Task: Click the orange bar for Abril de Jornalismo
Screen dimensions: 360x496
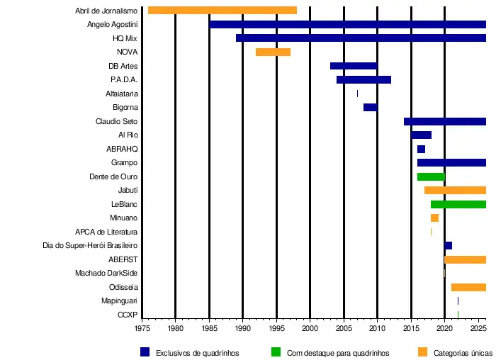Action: (x=222, y=11)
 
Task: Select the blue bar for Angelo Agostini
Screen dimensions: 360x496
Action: (x=347, y=24)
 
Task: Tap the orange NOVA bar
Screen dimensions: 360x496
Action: (x=273, y=52)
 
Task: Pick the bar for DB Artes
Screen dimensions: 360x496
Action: (x=354, y=66)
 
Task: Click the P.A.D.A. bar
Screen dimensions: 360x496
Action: (x=363, y=79)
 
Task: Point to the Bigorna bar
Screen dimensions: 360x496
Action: (x=370, y=107)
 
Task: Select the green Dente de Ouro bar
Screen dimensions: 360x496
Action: (x=431, y=176)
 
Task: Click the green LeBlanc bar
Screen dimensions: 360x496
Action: (x=458, y=204)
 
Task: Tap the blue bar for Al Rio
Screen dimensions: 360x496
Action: (x=421, y=135)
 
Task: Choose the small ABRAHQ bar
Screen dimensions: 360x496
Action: (x=421, y=149)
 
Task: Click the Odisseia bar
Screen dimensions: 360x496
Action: (x=468, y=287)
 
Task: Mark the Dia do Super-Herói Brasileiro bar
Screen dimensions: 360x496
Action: (x=448, y=246)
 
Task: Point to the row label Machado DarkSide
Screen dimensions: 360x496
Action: (x=106, y=274)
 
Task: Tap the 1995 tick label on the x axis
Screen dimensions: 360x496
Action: (x=276, y=329)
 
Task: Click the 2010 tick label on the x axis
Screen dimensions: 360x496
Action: (x=377, y=329)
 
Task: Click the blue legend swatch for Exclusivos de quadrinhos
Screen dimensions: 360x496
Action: (x=145, y=351)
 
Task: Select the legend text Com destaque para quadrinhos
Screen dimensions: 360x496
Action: (x=338, y=352)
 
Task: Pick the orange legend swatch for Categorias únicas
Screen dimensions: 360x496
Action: (x=422, y=351)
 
